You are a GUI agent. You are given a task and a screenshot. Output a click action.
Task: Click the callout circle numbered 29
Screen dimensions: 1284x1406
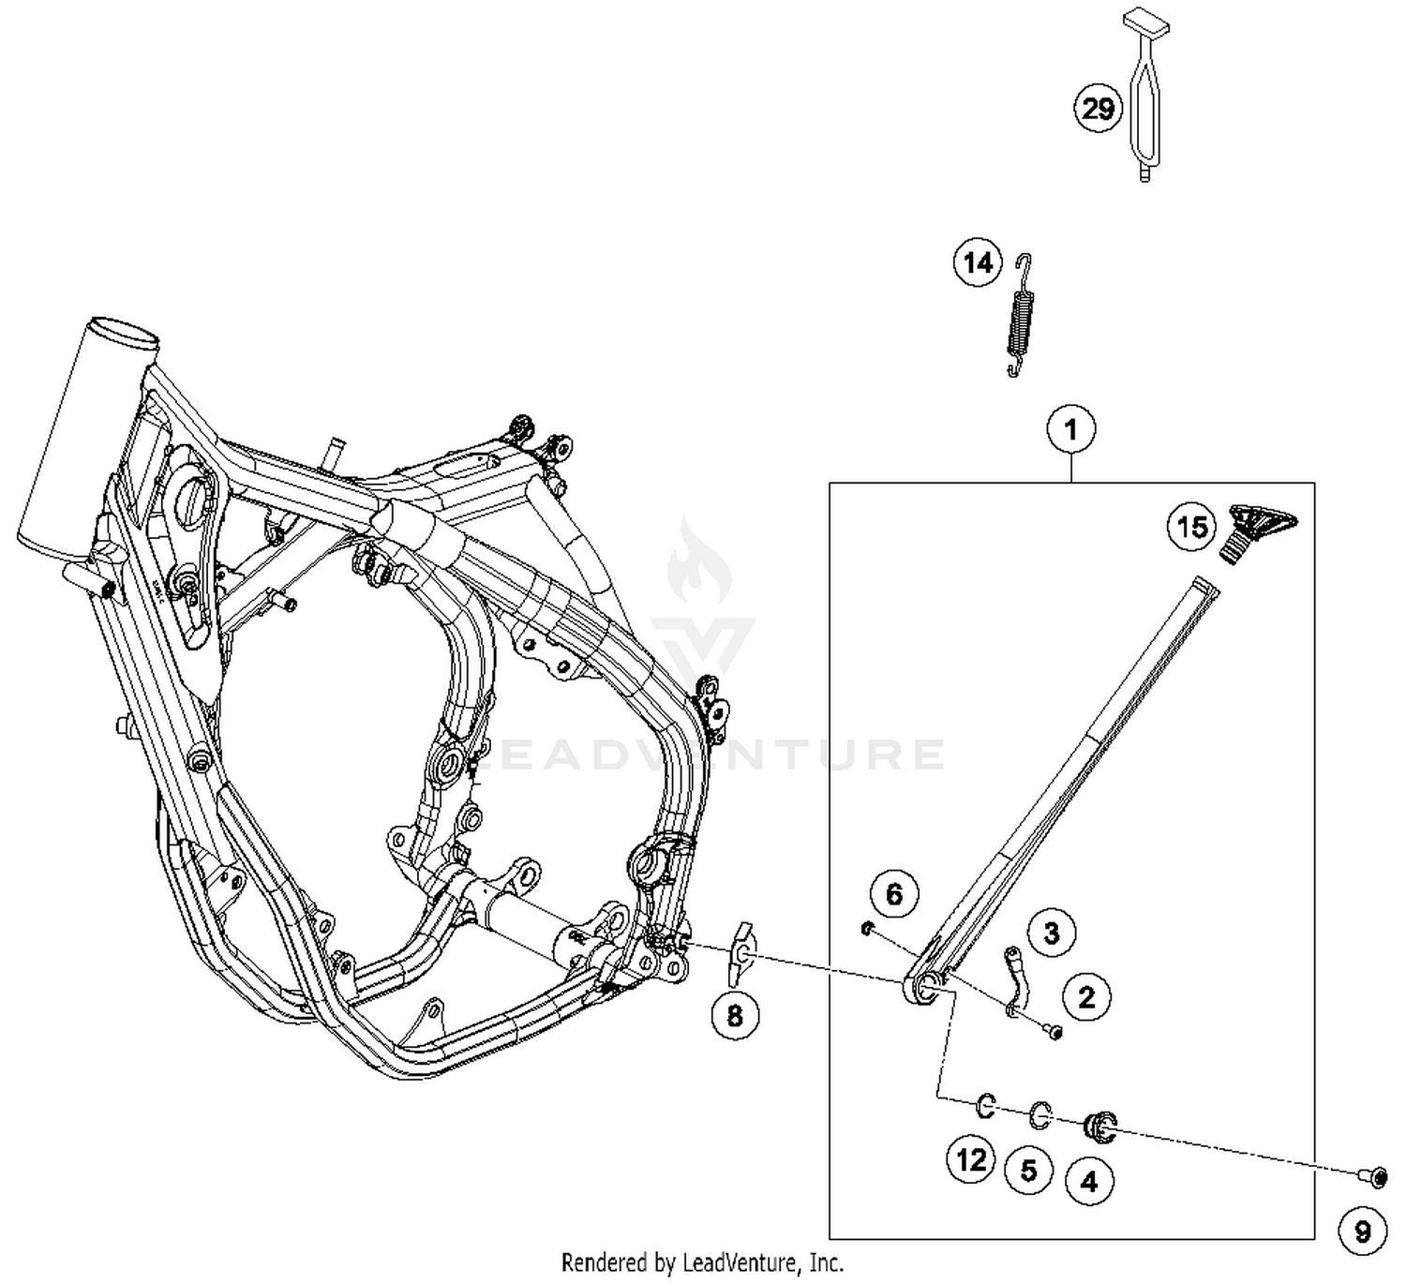click(x=1098, y=110)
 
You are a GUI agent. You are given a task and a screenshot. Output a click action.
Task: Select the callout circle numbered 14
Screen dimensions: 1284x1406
click(x=978, y=262)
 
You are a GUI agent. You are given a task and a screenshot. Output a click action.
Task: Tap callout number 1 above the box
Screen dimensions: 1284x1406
click(x=1070, y=430)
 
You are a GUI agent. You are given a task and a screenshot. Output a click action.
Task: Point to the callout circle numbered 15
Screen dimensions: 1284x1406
click(x=1192, y=527)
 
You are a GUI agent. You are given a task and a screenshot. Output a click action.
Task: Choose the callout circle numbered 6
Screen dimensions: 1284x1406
click(x=894, y=894)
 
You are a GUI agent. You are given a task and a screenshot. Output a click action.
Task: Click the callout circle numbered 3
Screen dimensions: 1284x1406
click(x=1051, y=933)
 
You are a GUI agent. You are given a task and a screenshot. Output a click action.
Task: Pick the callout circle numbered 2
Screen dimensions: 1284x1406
click(x=1086, y=996)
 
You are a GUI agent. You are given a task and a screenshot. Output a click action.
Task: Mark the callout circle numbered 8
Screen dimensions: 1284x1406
click(x=735, y=1014)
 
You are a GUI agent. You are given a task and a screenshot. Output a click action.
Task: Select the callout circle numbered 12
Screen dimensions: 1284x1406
click(x=971, y=1160)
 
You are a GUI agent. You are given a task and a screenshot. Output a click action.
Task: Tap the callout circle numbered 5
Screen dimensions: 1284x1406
click(x=1029, y=1170)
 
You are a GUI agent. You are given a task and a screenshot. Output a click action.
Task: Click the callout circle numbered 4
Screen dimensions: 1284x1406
click(x=1089, y=1181)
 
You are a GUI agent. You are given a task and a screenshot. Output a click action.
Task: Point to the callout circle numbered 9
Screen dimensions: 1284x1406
click(x=1363, y=1231)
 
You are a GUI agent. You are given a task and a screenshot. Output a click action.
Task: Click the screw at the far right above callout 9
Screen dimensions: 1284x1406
click(x=1366, y=1173)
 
